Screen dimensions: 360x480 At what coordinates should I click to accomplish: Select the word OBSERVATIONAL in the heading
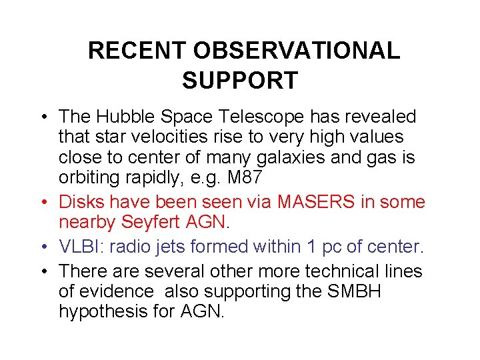click(x=297, y=51)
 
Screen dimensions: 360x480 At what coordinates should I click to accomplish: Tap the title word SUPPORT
click(x=239, y=81)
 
